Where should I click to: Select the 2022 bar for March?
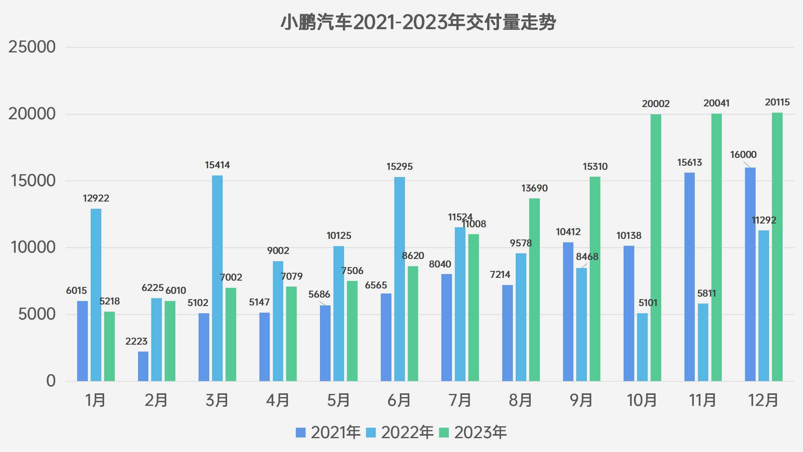coord(217,278)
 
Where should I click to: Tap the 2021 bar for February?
coord(143,366)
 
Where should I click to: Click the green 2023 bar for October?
coord(656,248)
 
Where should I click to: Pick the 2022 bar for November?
coord(703,342)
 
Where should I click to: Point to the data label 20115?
coord(777,102)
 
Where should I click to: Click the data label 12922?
coord(96,198)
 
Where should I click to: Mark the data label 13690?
coord(534,188)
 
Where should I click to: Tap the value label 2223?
coord(136,342)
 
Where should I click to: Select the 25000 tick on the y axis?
coord(32,47)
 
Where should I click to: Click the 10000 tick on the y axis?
coord(33,247)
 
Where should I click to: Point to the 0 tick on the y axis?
coord(51,381)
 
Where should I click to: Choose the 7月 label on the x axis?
coord(460,401)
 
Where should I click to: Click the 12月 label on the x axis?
coord(763,401)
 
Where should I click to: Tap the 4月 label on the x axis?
coord(278,401)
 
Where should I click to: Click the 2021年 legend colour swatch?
coord(300,433)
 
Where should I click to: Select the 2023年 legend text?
coord(480,433)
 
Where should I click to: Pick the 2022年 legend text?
coord(407,433)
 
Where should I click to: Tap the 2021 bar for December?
coord(750,274)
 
